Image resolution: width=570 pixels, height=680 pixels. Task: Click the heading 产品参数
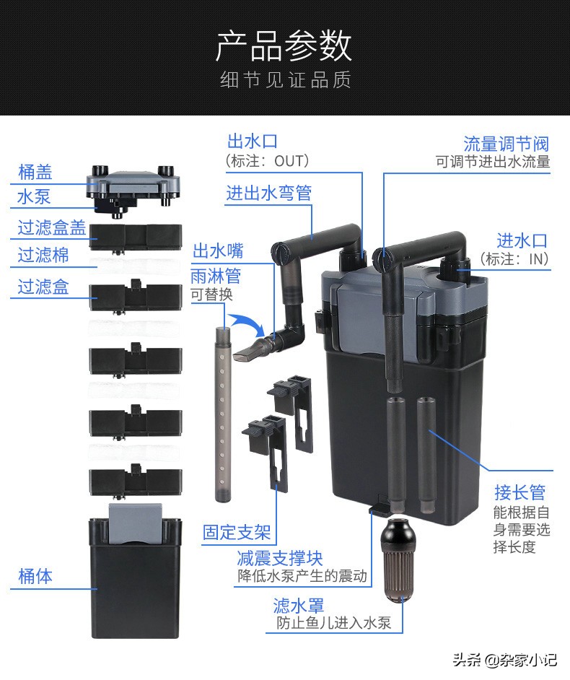[284, 46]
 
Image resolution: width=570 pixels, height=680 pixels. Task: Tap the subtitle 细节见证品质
[284, 80]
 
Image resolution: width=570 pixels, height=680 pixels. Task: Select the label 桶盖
[35, 173]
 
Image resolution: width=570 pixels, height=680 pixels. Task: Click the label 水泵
[34, 196]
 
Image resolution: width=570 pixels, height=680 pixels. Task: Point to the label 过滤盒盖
[52, 228]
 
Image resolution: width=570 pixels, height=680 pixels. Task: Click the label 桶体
[35, 576]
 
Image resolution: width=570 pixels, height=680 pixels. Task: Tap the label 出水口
[252, 141]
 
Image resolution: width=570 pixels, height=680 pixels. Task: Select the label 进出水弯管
[268, 193]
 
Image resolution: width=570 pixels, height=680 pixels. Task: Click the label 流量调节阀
[506, 143]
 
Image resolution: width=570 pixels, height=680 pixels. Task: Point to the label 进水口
[522, 240]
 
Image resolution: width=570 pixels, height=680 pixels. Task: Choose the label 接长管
[519, 492]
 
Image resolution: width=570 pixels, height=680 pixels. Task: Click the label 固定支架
[237, 533]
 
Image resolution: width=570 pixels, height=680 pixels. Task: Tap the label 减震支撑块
[280, 558]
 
